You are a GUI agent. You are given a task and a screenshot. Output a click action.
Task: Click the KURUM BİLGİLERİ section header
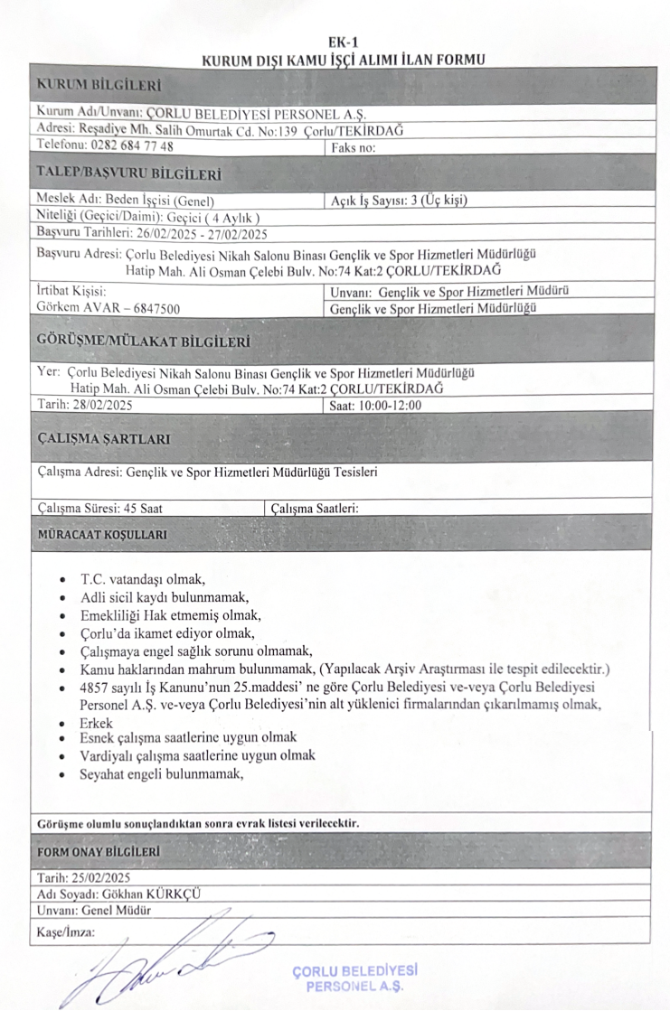[x=98, y=86]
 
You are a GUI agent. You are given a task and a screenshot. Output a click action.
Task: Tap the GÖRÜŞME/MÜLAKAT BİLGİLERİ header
[x=143, y=341]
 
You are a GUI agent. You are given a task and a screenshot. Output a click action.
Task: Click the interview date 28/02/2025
[x=93, y=405]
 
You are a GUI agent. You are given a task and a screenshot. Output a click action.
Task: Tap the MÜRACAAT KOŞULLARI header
[x=101, y=534]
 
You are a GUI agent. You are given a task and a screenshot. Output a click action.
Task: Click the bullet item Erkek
[x=96, y=724]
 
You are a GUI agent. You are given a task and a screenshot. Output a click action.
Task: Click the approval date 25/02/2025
[x=100, y=876]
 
